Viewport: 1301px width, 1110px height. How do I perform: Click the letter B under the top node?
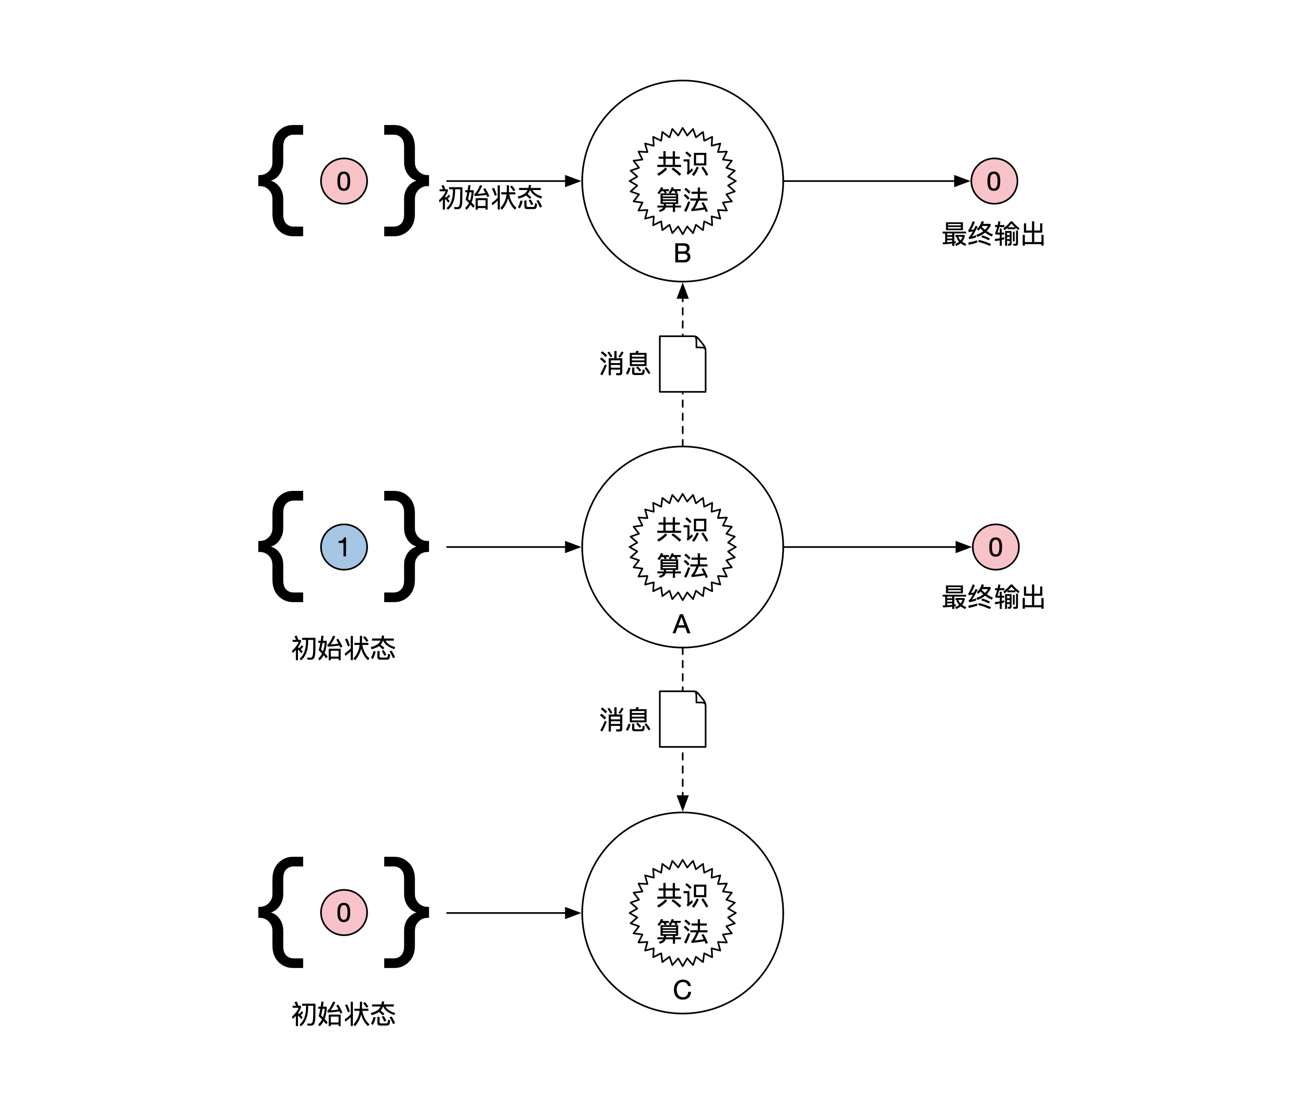pyautogui.click(x=682, y=254)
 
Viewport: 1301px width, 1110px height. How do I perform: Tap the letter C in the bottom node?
pyautogui.click(x=682, y=990)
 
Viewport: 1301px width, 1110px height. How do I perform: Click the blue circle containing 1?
pyautogui.click(x=344, y=547)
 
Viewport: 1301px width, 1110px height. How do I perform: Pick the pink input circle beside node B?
pyautogui.click(x=344, y=181)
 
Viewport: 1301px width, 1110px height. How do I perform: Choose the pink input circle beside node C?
pyautogui.click(x=344, y=912)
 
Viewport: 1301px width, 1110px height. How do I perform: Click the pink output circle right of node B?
pyautogui.click(x=994, y=181)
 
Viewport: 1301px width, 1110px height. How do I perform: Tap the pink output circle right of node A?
pyautogui.click(x=995, y=547)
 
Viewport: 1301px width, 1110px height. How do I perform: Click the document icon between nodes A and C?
pyautogui.click(x=683, y=719)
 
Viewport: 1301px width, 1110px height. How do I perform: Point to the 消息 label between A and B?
pyautogui.click(x=625, y=364)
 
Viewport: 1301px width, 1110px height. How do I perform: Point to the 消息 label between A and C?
pyautogui.click(x=625, y=720)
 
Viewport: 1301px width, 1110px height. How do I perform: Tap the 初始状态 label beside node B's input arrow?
pyautogui.click(x=490, y=198)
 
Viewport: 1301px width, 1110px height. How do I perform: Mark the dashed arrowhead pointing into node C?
pyautogui.click(x=683, y=803)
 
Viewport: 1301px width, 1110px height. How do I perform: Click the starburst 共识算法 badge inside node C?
pyautogui.click(x=683, y=912)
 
